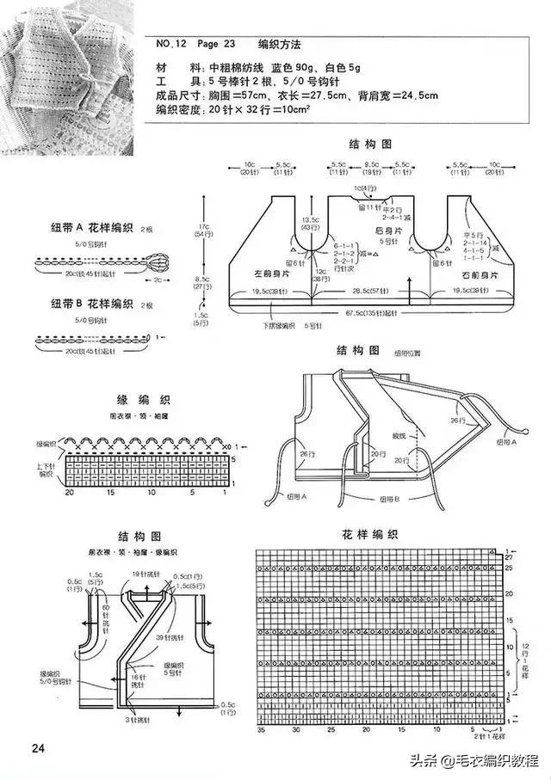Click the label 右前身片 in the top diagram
[480, 274]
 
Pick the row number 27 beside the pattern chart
[508, 557]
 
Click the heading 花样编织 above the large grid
[370, 534]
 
